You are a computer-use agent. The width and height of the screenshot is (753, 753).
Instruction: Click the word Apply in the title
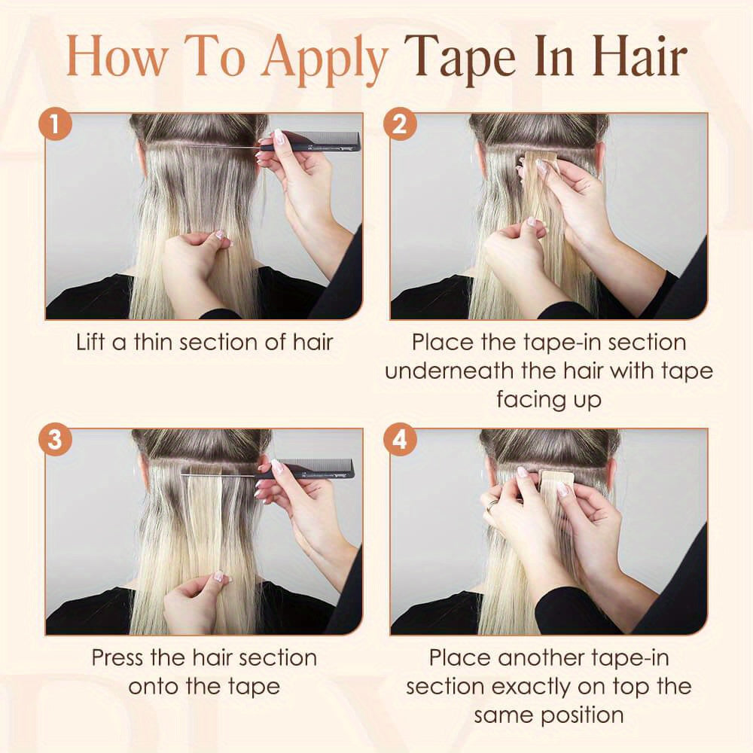[324, 59]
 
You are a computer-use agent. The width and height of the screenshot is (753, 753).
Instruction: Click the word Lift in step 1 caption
[91, 343]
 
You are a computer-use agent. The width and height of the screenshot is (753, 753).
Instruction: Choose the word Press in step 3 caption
[117, 657]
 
